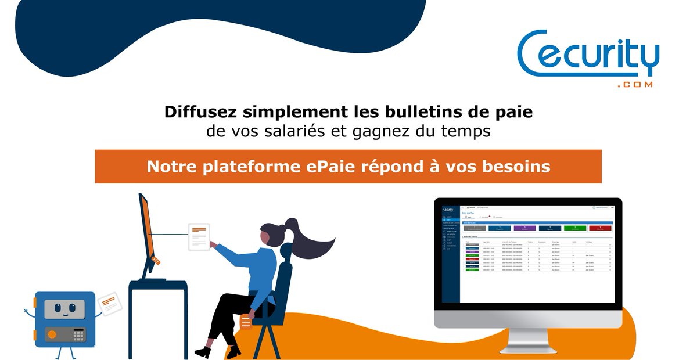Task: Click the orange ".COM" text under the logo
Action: click(635, 85)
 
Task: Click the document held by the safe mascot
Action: click(108, 303)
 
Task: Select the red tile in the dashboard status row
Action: click(599, 229)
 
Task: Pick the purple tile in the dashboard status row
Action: click(524, 229)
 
